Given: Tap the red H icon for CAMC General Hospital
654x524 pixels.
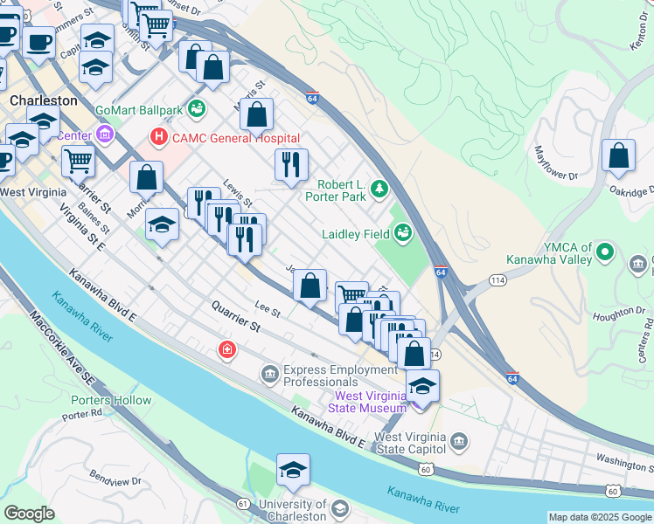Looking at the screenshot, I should (158, 137).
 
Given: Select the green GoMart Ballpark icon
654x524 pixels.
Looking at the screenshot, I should (198, 109).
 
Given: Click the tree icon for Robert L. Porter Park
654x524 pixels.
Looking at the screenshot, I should (379, 187).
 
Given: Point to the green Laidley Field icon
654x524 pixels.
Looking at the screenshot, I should (403, 232).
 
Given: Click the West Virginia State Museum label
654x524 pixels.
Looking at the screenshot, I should (369, 402).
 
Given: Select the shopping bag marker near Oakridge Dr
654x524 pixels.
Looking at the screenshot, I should (618, 156).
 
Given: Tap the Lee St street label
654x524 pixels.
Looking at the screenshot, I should (267, 309).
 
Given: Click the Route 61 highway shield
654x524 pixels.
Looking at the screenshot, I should (242, 504).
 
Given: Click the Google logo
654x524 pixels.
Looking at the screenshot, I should (29, 514).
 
